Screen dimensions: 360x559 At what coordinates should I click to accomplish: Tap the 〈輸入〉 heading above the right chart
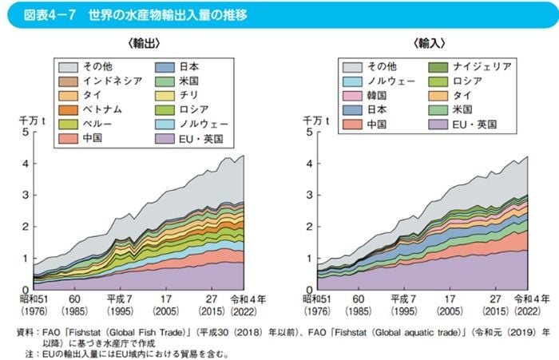(x=430, y=42)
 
